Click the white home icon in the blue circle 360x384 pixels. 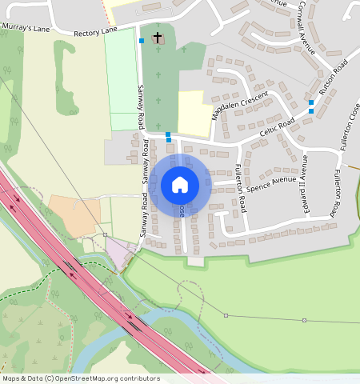180,185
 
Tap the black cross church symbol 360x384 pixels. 158,38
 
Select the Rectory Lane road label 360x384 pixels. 95,32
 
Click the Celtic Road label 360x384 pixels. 278,130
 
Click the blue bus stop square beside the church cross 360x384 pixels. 142,40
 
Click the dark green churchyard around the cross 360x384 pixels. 164,80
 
